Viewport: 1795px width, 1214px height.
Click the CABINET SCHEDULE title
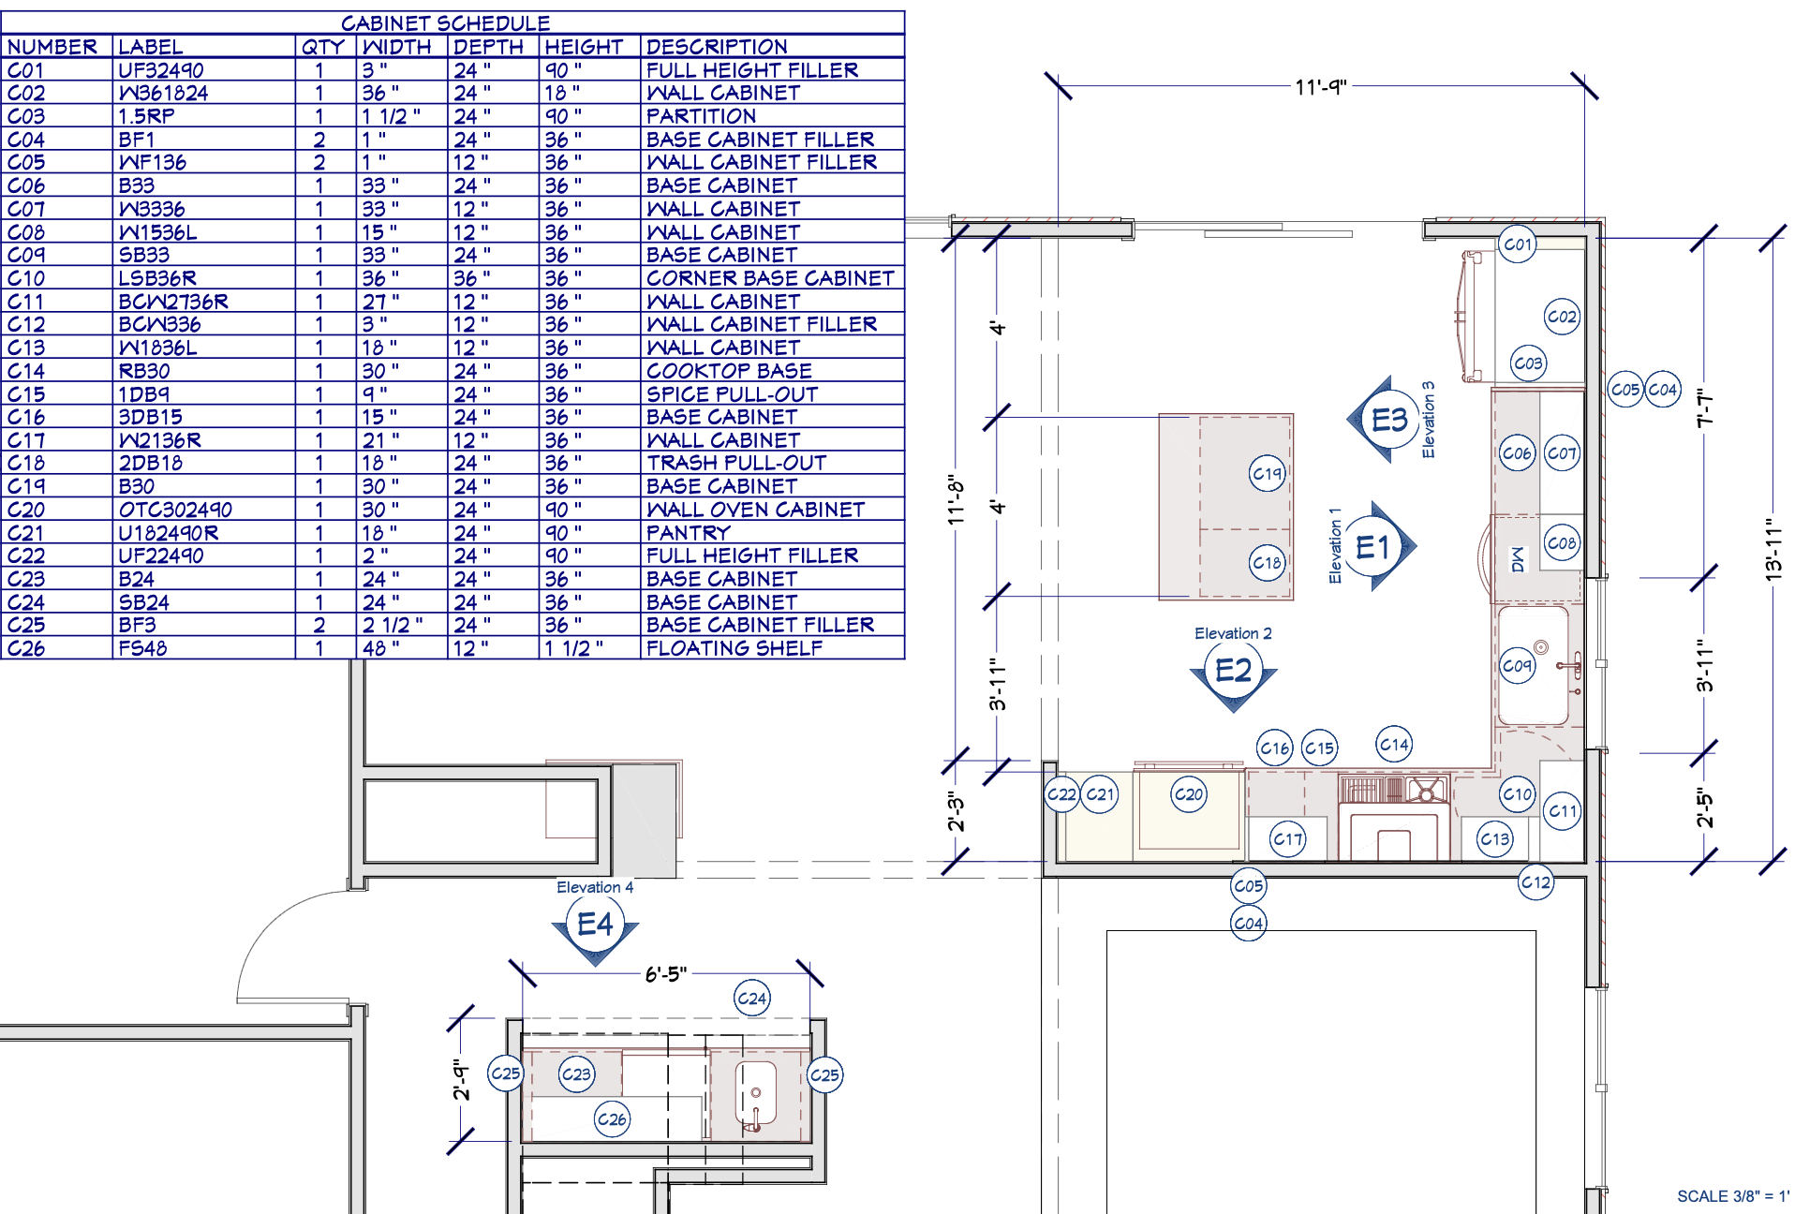point(445,23)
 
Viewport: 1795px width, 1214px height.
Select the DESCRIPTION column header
point(717,47)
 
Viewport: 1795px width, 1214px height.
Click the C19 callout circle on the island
point(1268,473)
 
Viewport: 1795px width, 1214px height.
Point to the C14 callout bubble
point(1394,745)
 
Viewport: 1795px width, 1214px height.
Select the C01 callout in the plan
point(1518,244)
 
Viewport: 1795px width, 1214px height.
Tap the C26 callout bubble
point(612,1118)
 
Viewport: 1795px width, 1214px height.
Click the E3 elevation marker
point(1385,421)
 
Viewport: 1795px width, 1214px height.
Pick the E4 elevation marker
point(595,927)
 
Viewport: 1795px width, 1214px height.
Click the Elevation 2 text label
point(1233,634)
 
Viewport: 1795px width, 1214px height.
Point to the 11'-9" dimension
point(1321,87)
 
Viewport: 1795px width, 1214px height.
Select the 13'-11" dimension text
point(1773,550)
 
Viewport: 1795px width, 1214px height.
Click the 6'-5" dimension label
point(666,974)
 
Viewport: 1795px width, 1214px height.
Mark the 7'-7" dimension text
point(1705,410)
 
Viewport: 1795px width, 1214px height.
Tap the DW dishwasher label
point(1518,560)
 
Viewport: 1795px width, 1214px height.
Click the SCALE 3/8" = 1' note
point(1732,1196)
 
